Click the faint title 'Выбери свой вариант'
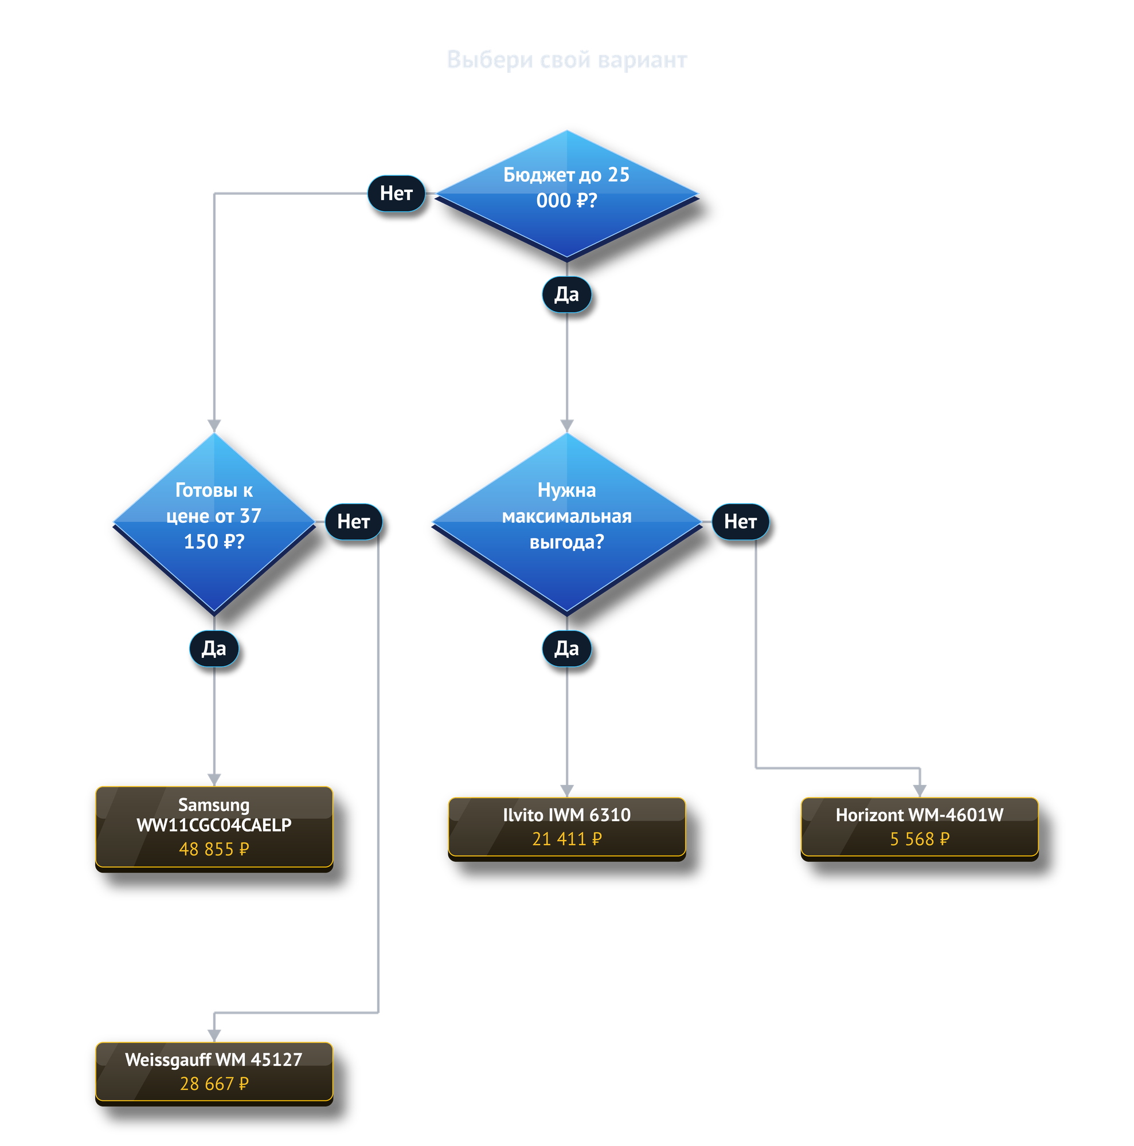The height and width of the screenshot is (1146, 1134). coord(566,60)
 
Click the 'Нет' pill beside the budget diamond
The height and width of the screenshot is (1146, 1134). coord(396,193)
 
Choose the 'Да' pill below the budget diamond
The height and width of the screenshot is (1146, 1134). coord(566,294)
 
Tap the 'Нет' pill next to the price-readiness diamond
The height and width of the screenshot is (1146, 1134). coord(354,522)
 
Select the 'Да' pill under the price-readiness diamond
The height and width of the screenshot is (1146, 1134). coord(214,648)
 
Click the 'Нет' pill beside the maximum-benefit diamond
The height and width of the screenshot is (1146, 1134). coord(740,522)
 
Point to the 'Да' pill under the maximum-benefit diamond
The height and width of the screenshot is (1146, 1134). coord(566,648)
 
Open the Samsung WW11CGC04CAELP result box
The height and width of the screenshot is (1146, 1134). coord(214,829)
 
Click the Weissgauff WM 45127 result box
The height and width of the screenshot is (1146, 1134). coord(214,1074)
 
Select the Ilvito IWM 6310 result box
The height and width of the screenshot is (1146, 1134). coord(566,829)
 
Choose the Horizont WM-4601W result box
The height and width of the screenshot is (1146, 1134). coord(919,829)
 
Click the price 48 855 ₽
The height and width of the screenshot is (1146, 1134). coord(214,849)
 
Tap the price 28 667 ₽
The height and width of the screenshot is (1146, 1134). coord(214,1084)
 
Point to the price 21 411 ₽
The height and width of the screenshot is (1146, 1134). coord(566,839)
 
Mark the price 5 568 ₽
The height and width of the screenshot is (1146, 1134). coord(919,839)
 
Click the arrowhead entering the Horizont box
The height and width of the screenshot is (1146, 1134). coord(920,791)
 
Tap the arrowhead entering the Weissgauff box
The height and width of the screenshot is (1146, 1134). coord(214,1035)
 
